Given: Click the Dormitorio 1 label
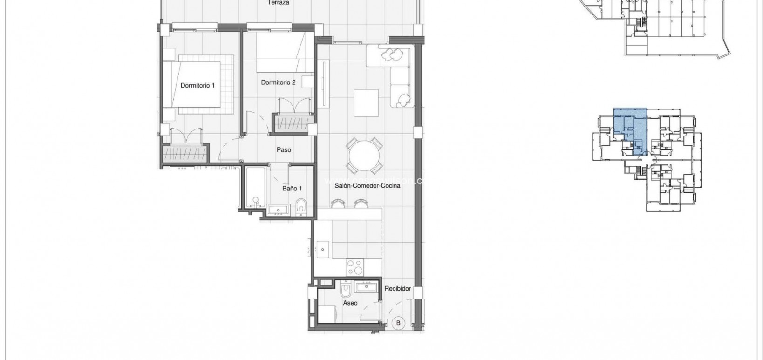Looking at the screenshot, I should [198, 85].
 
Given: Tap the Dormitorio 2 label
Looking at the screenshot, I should [278, 82].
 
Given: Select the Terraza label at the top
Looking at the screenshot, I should [278, 2].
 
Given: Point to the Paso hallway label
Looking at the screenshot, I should [284, 150].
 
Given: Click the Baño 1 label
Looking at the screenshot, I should [292, 189].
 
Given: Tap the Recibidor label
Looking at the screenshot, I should [397, 289].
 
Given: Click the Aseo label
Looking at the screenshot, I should [350, 303].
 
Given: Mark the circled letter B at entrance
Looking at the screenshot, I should [398, 322].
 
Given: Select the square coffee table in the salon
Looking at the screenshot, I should [367, 103].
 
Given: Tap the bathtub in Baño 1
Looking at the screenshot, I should [255, 189].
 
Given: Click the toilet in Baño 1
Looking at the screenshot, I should [301, 207].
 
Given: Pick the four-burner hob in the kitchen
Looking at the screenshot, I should [356, 267].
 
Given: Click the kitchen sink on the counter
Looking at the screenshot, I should [322, 249].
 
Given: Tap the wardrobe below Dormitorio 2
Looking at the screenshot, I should [293, 124].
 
